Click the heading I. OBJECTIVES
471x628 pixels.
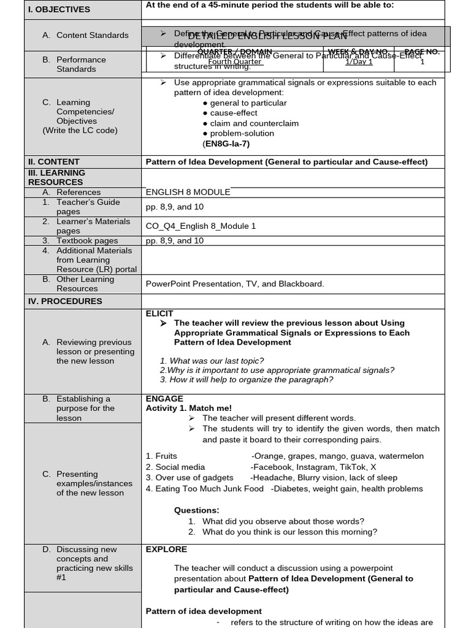click(x=59, y=9)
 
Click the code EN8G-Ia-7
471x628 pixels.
click(x=226, y=144)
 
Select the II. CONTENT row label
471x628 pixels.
click(x=53, y=162)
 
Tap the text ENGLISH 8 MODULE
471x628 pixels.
click(x=188, y=192)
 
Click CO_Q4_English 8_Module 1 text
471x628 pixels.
click(x=201, y=226)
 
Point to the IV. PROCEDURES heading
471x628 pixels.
click(x=65, y=301)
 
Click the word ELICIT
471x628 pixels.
click(x=159, y=313)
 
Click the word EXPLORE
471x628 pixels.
click(x=166, y=549)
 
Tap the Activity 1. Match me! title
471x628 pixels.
click(x=189, y=408)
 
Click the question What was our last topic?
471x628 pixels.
click(x=212, y=361)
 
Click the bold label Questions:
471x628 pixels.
click(x=196, y=510)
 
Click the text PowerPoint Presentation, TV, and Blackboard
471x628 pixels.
click(x=235, y=283)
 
